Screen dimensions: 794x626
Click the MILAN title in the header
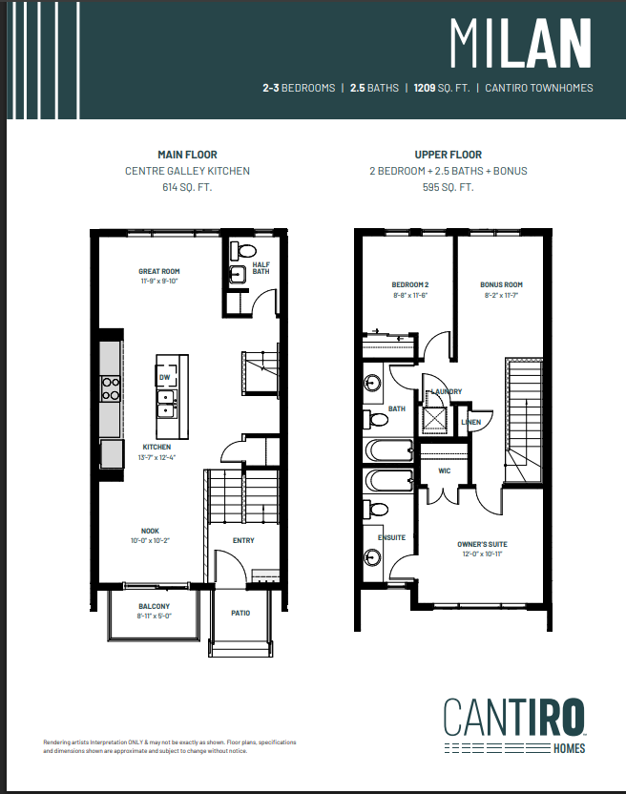point(520,44)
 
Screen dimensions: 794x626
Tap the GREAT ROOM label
point(159,272)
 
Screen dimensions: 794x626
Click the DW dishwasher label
point(164,378)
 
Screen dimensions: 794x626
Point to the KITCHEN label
point(156,447)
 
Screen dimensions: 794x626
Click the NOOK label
point(150,531)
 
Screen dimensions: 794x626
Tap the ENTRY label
point(243,540)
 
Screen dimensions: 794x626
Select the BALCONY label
point(154,606)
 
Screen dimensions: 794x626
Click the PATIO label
point(240,613)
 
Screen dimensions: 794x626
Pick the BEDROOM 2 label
point(410,284)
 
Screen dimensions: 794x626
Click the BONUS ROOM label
point(501,284)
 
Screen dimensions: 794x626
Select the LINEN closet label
point(470,422)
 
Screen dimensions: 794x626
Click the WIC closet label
point(444,470)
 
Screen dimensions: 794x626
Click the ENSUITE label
point(391,537)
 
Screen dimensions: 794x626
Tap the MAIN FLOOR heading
point(188,154)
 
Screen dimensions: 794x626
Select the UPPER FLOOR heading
point(448,154)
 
